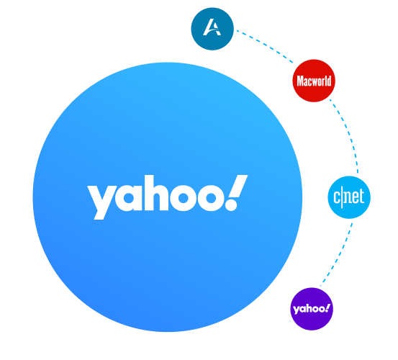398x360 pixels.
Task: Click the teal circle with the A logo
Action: pyautogui.click(x=212, y=29)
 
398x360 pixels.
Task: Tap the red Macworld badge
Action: pyautogui.click(x=314, y=81)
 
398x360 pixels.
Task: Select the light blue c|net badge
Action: pyautogui.click(x=349, y=197)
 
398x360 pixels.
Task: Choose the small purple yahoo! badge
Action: pyautogui.click(x=312, y=309)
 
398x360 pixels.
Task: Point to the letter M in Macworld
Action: pyautogui.click(x=301, y=81)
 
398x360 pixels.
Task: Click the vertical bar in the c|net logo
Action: pyautogui.click(x=342, y=197)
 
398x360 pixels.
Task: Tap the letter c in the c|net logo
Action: pyautogui.click(x=337, y=197)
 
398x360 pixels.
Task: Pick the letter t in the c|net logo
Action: pyautogui.click(x=361, y=197)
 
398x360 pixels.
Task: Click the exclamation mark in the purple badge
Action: pyautogui.click(x=327, y=307)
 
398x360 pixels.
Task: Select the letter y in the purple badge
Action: pyautogui.click(x=297, y=310)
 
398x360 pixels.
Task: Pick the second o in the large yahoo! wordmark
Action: pyautogui.click(x=211, y=198)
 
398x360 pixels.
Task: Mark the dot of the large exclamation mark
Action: pyautogui.click(x=231, y=204)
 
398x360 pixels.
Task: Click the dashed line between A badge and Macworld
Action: pyautogui.click(x=265, y=45)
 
